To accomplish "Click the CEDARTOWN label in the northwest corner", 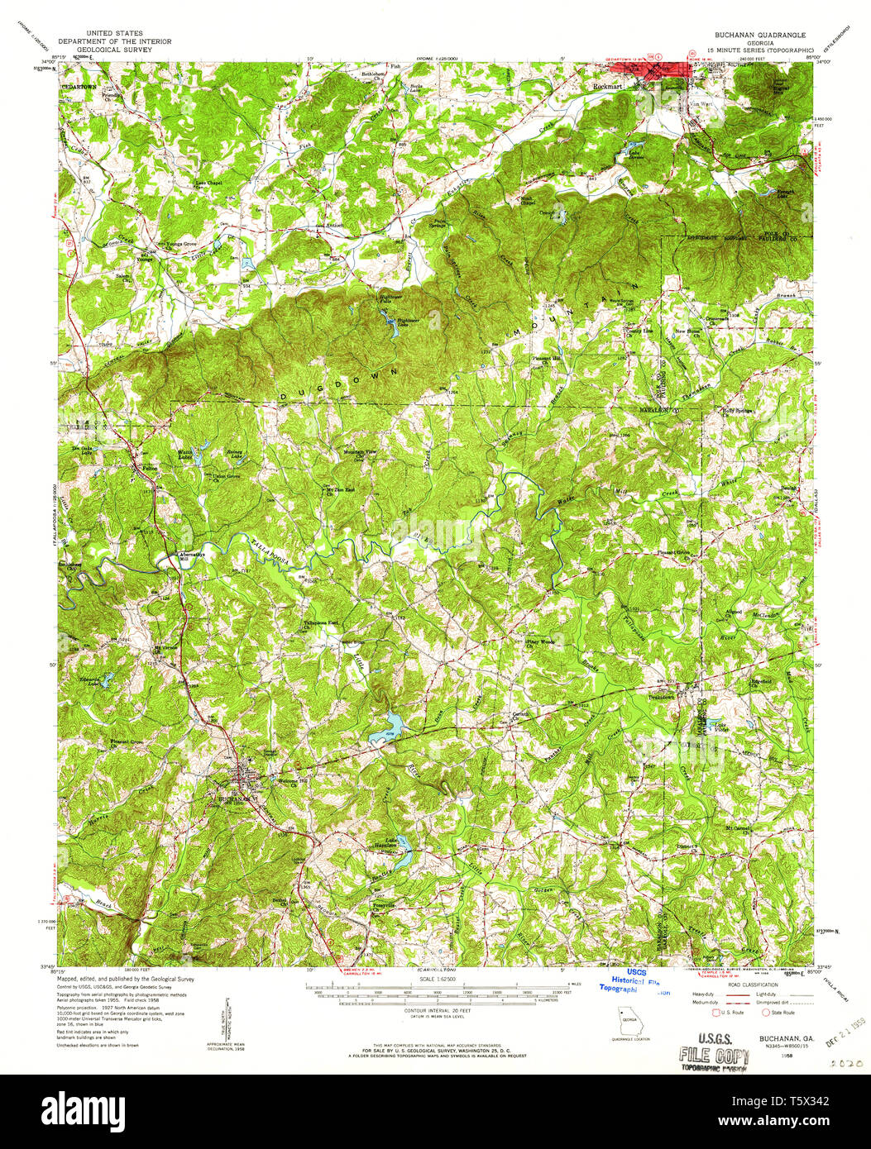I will pos(82,87).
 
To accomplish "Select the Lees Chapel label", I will pos(209,183).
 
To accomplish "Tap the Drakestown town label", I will pos(660,697).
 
